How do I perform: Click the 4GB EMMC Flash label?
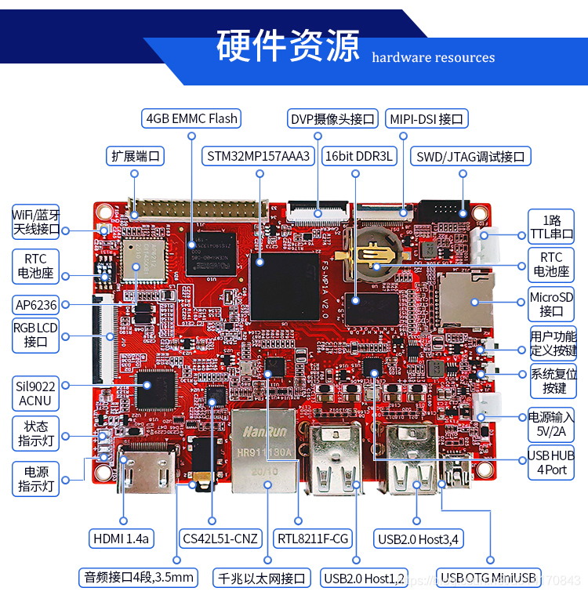[x=191, y=119]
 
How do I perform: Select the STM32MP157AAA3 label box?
[x=259, y=156]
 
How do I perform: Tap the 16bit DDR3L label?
[x=358, y=156]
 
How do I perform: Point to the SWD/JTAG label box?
[x=470, y=156]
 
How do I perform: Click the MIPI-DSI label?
[x=426, y=119]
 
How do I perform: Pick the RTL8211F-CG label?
[x=313, y=539]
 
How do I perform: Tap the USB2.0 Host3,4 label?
[x=418, y=539]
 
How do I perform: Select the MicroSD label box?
[x=551, y=304]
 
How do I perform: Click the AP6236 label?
[x=35, y=304]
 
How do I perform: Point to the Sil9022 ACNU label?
[x=35, y=393]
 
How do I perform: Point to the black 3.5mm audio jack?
[x=202, y=464]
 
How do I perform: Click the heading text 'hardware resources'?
[x=433, y=57]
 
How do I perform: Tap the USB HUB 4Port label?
[x=550, y=463]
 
